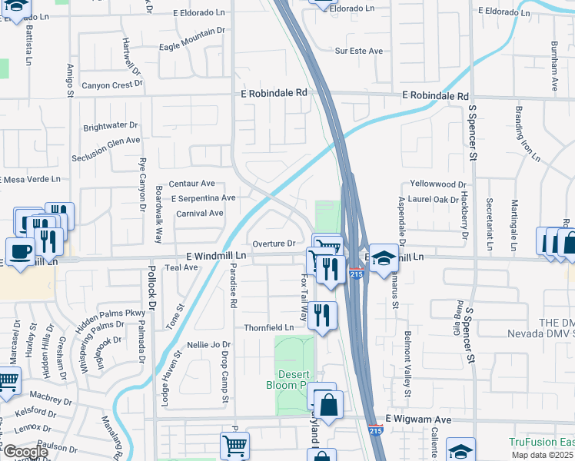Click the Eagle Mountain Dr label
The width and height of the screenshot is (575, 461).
(191, 47)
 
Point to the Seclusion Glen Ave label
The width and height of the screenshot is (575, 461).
(106, 140)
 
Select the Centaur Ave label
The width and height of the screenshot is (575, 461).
(191, 184)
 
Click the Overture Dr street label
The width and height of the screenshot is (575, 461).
(274, 244)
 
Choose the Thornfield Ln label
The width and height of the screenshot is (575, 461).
(269, 327)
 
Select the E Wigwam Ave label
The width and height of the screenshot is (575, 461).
(418, 420)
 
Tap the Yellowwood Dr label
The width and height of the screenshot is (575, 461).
(438, 184)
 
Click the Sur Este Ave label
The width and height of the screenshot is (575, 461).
(358, 51)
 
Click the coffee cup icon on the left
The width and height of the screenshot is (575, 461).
(20, 250)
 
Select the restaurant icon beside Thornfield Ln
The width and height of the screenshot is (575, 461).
(322, 315)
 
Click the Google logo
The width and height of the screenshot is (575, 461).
(25, 451)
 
